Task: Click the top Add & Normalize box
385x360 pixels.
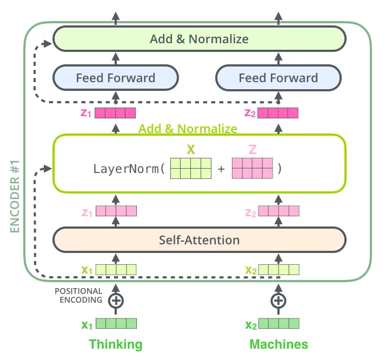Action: [199, 39]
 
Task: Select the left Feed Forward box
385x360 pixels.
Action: [115, 78]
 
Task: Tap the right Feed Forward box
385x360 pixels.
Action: [278, 78]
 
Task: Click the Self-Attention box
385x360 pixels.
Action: [199, 239]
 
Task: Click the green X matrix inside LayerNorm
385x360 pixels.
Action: [191, 168]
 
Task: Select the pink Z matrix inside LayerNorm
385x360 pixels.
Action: [253, 168]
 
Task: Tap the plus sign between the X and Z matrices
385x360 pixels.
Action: [221, 169]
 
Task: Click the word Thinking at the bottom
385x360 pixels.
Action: [115, 344]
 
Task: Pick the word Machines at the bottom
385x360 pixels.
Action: [278, 344]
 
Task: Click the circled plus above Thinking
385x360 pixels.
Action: [115, 300]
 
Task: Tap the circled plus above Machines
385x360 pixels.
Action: [278, 300]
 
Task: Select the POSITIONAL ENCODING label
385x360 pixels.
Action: [78, 295]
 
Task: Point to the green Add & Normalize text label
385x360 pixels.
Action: [188, 129]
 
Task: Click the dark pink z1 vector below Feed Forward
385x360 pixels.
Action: [115, 113]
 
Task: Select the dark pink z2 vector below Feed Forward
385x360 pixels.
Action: [278, 113]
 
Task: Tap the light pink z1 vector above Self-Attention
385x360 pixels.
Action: [115, 211]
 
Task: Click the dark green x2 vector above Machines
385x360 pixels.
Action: [278, 324]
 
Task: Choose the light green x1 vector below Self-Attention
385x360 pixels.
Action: [115, 269]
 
